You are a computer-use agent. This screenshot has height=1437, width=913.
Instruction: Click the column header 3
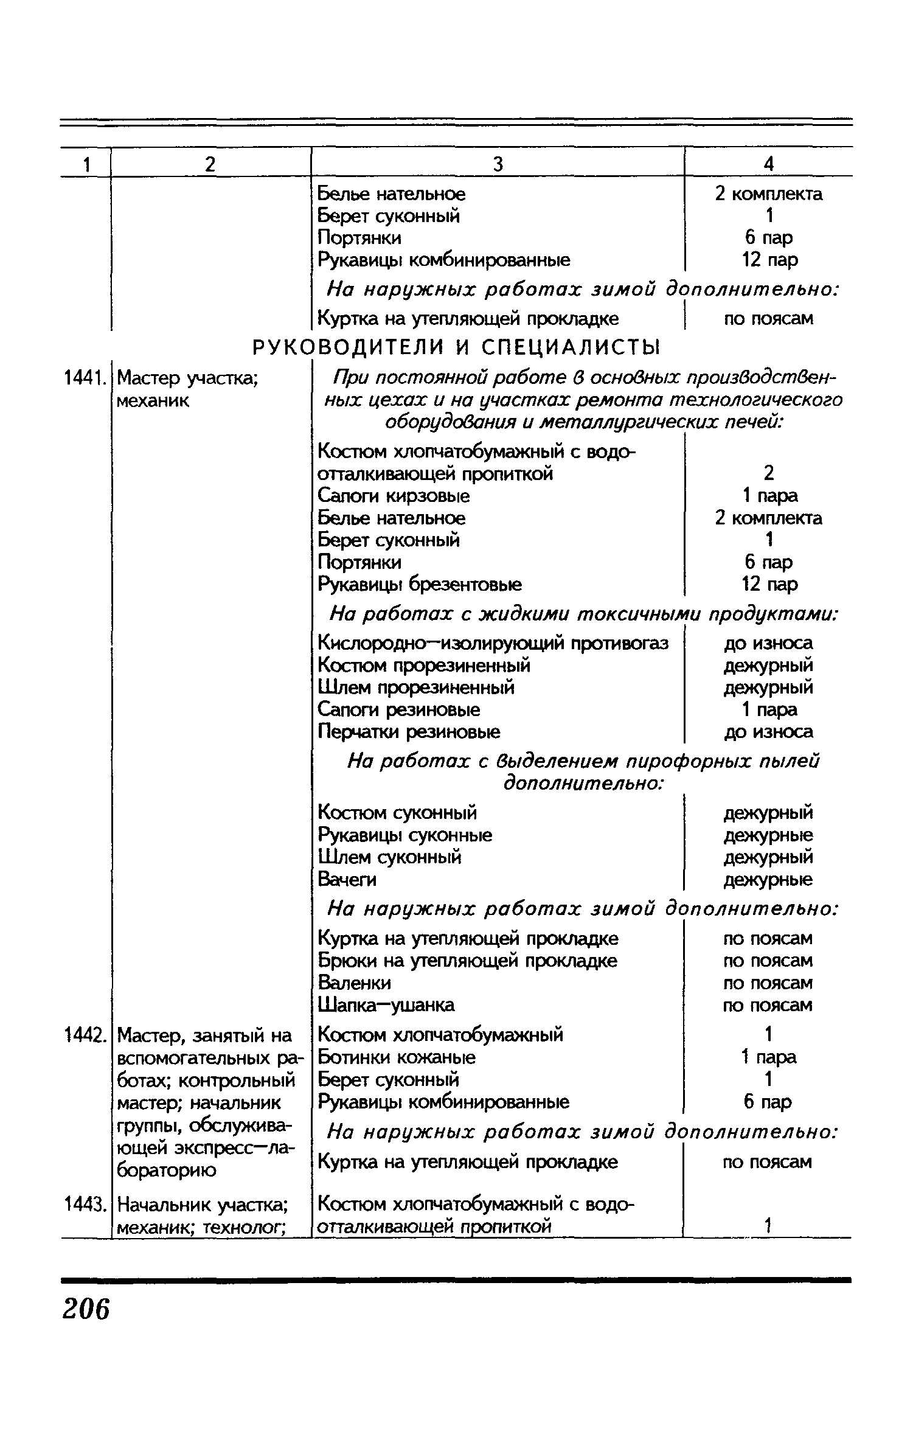click(x=498, y=164)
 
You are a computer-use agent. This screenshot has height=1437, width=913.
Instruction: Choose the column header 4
click(x=769, y=164)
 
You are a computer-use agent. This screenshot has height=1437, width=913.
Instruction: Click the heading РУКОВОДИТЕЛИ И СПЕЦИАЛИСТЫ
click(x=456, y=347)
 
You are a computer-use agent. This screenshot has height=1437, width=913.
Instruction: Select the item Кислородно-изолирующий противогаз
click(x=493, y=643)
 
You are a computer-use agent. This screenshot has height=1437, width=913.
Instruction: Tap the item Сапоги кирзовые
click(x=394, y=496)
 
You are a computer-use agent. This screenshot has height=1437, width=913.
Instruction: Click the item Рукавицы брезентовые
click(x=420, y=584)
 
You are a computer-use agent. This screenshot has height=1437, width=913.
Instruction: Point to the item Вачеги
click(x=347, y=879)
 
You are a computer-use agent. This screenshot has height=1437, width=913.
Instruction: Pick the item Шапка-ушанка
click(x=386, y=1005)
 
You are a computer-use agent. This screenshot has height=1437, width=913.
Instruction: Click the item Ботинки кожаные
click(x=397, y=1057)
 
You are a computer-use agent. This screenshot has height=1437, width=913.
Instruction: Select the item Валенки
click(x=355, y=983)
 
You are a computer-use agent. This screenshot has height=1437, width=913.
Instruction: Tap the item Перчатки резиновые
click(x=409, y=731)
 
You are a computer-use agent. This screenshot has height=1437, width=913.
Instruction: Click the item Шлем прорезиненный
click(x=417, y=687)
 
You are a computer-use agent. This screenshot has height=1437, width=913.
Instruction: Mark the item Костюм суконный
click(x=397, y=813)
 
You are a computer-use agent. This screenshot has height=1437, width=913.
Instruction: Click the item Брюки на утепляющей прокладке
click(x=467, y=961)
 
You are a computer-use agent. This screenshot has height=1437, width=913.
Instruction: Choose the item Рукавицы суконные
click(x=405, y=835)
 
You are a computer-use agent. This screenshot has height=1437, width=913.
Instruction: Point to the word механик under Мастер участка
click(x=153, y=401)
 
